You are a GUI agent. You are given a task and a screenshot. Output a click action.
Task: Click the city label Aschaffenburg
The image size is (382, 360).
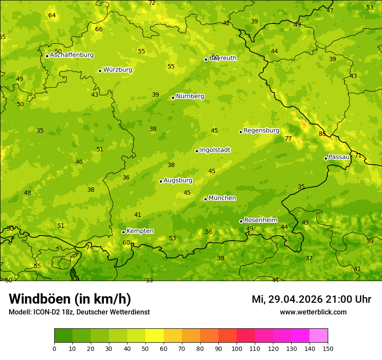point(72,55)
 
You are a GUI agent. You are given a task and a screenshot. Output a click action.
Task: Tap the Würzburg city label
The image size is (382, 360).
point(118,70)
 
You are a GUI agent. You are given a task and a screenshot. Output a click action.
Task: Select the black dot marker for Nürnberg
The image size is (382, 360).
point(173,98)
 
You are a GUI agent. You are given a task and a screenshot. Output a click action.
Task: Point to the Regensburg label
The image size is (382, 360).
point(261,131)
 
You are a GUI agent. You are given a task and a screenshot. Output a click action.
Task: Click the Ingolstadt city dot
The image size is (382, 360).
point(197,151)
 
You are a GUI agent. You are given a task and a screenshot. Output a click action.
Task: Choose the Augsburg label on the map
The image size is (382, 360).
point(178,180)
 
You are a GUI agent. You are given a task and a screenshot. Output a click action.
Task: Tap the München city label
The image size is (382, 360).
point(222,198)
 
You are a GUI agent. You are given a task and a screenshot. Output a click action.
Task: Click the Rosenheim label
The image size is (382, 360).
point(260,220)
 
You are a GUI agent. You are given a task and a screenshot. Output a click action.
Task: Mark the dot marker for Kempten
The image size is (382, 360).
point(123,232)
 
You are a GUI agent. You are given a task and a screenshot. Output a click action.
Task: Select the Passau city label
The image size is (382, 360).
point(339,157)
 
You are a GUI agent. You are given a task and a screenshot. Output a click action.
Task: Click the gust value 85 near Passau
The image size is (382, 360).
point(322,134)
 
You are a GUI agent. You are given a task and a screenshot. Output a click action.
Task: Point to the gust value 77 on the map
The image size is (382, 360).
point(288,139)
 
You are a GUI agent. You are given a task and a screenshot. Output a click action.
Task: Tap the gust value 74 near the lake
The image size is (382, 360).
point(89,248)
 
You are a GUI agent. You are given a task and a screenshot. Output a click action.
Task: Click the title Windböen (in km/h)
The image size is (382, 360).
point(70,299)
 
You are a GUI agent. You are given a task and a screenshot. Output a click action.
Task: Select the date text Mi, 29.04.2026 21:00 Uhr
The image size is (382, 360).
point(311,299)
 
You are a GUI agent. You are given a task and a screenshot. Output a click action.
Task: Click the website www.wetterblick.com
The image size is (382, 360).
point(313,312)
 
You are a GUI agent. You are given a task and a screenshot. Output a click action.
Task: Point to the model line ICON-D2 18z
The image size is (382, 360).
point(79,312)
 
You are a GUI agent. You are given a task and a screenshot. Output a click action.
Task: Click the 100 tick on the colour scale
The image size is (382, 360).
point(237,348)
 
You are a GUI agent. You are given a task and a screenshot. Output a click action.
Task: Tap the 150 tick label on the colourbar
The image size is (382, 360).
point(328,348)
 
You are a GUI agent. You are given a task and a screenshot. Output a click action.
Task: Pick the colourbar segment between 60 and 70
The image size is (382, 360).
point(173,336)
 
